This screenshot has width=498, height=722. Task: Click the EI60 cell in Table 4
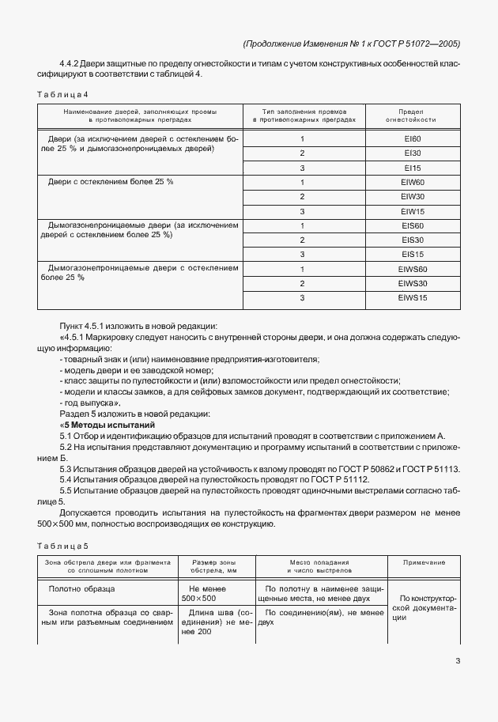(412, 138)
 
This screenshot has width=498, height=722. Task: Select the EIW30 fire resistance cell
(412, 196)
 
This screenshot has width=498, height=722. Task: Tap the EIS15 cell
(412, 254)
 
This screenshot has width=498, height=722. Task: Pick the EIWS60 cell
(412, 269)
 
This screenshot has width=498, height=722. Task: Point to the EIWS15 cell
(412, 297)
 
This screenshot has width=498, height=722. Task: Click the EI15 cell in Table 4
(412, 168)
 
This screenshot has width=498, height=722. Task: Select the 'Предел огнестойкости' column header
(411, 115)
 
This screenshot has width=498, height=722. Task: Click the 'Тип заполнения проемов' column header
(304, 115)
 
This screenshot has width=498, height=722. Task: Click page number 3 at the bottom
(458, 661)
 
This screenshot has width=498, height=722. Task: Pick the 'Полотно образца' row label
(82, 589)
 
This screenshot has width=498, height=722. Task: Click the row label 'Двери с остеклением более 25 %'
(111, 182)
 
